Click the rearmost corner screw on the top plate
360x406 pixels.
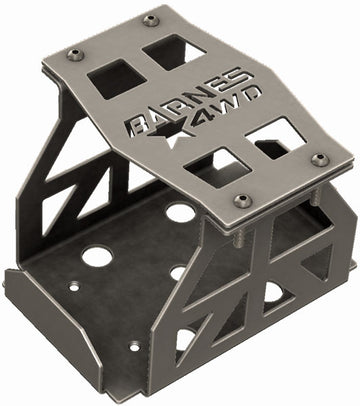(151, 20)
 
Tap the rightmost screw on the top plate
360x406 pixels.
(320, 158)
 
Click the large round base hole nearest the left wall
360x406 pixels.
(95, 255)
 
